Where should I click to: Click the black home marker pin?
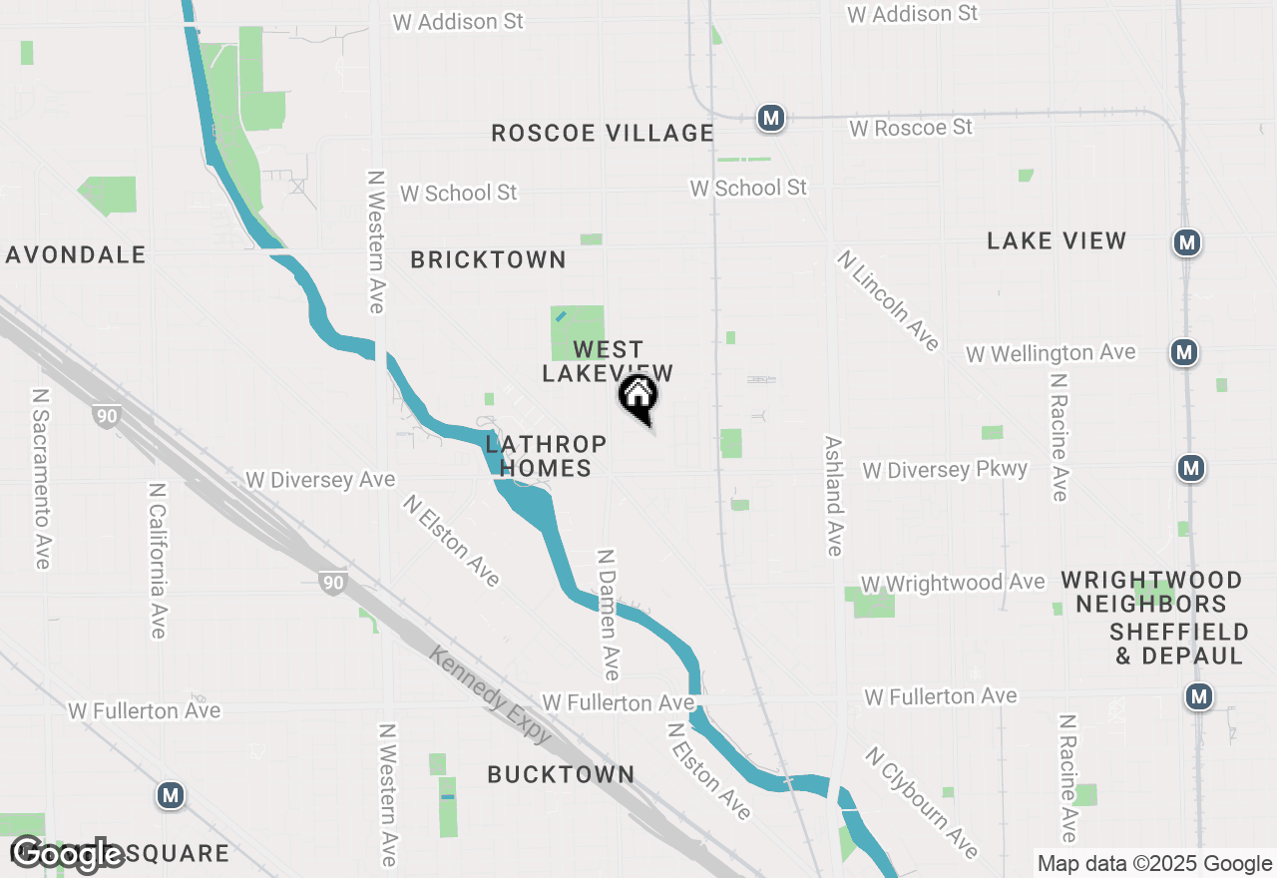point(638,398)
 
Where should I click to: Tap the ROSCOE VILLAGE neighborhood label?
point(603,134)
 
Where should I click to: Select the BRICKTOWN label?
point(489,260)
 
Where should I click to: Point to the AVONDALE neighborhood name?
point(76,254)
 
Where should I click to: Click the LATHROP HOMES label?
point(546,456)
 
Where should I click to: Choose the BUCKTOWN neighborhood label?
point(561,774)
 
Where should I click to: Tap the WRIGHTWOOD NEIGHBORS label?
point(1151,592)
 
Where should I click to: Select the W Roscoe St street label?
point(910,128)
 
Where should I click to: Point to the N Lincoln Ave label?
point(889,300)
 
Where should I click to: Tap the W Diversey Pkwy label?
point(945,469)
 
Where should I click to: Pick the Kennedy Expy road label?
point(490,694)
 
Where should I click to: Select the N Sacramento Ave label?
point(42,479)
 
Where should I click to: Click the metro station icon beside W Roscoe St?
point(769,118)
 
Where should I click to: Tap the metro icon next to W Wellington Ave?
point(1184,352)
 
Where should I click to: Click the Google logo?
point(68,853)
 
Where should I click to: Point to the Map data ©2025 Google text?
point(1154,864)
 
